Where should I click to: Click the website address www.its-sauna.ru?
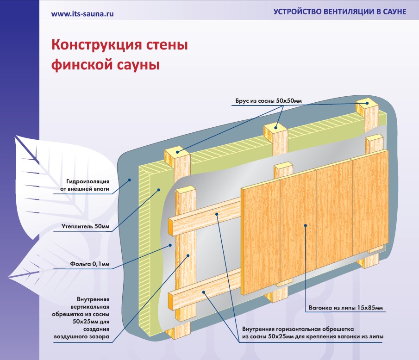coord(82,14)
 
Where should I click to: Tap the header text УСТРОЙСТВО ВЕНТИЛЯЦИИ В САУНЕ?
coord(340,12)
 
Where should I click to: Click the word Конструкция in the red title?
coord(97,45)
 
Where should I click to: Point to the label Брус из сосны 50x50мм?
coord(269,101)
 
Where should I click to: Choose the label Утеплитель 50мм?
coord(86,226)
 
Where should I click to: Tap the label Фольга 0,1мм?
coord(90,264)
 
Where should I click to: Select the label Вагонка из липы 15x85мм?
coord(346,308)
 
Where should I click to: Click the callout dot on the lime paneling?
coord(306,225)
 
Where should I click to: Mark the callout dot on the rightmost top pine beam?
coord(367,103)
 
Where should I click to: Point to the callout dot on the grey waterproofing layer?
coord(130,180)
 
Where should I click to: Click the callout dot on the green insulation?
coord(158,190)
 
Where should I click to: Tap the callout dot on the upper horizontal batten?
coord(217,214)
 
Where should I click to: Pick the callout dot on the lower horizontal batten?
coord(204,292)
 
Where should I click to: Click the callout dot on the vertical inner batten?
coord(188,255)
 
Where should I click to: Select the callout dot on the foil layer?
coord(170,245)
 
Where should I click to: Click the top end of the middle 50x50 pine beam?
coord(275,128)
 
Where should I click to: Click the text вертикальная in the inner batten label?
coord(90,307)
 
